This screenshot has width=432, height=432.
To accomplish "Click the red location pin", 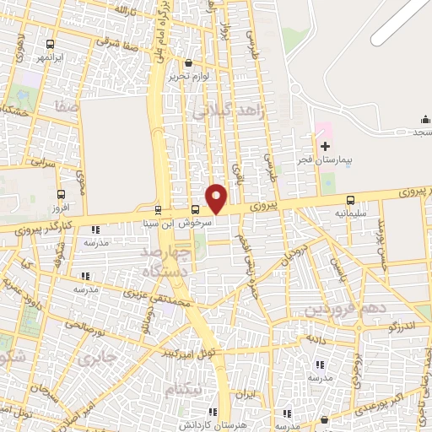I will click(x=217, y=198).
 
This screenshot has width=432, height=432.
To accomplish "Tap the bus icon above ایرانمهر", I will click(x=50, y=45).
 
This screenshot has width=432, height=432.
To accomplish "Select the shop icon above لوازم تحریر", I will click(x=187, y=62).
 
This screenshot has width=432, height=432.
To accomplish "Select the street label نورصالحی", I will click(x=84, y=325).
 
